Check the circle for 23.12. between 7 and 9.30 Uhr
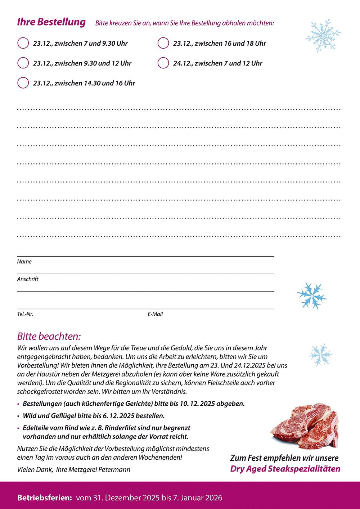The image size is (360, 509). click(x=23, y=43)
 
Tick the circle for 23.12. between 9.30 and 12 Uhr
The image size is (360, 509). click(x=23, y=63)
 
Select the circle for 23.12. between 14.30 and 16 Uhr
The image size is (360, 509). click(x=23, y=83)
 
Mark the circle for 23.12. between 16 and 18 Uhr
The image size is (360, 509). click(x=163, y=43)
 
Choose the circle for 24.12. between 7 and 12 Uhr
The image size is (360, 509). click(x=163, y=63)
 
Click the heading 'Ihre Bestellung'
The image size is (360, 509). click(x=51, y=22)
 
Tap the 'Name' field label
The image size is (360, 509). click(x=24, y=262)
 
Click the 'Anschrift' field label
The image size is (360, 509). click(x=27, y=279)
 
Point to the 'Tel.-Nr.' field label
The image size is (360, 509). click(x=25, y=314)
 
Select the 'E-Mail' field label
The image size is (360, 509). click(x=155, y=314)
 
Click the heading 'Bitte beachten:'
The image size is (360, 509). click(x=49, y=337)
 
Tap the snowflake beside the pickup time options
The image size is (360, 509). click(x=323, y=36)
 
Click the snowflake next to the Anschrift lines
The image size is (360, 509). click(x=312, y=295)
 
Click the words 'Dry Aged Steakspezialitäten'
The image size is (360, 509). click(x=285, y=469)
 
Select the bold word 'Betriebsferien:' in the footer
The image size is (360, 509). click(x=45, y=498)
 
